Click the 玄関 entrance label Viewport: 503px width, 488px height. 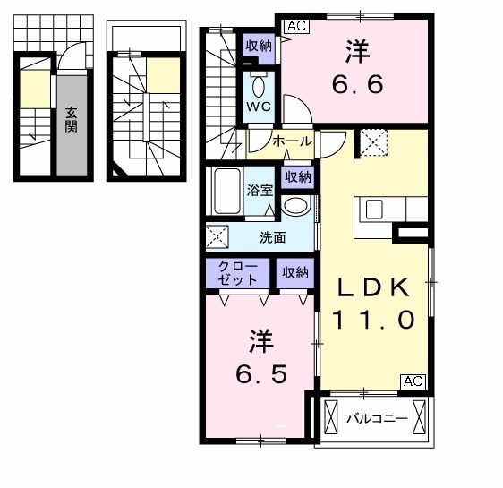coord(71,121)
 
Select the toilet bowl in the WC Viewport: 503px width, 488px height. coord(259,87)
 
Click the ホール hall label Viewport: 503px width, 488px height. coord(291,141)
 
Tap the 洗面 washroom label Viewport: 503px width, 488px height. coord(273,237)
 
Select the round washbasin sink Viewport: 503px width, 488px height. coord(294,205)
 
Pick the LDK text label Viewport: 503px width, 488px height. coord(374,287)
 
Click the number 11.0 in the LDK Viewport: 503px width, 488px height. coord(374,320)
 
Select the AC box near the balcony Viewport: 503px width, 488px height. coord(413,381)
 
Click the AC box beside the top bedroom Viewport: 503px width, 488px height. coord(296,27)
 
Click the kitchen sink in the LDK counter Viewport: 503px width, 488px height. coord(375,209)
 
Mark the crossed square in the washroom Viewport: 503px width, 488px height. coord(217,237)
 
